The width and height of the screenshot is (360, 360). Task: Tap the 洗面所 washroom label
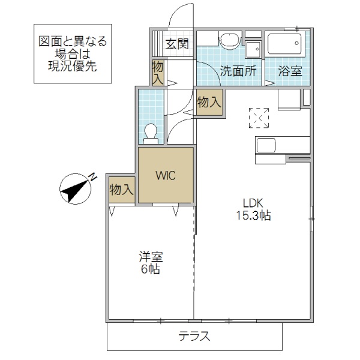click(238, 70)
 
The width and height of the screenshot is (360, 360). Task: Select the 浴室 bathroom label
click(290, 70)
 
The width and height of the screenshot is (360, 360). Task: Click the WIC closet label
click(166, 176)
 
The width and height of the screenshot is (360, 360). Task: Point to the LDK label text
click(253, 202)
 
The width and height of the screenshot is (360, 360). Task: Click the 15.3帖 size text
click(253, 215)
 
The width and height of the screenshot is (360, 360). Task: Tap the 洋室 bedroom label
click(151, 256)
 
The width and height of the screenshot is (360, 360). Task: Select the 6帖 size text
click(151, 269)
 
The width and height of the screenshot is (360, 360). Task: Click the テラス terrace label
click(194, 336)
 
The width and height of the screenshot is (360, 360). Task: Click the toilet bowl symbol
click(152, 131)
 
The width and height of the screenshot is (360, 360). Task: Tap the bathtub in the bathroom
click(284, 44)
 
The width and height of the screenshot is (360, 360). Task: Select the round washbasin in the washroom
click(229, 41)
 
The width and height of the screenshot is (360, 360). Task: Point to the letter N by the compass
click(93, 177)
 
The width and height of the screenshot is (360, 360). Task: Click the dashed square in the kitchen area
click(260, 118)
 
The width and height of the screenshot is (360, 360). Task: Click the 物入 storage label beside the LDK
click(209, 103)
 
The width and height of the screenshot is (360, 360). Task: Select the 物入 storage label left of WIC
click(121, 190)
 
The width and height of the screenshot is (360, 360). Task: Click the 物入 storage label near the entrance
click(158, 72)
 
